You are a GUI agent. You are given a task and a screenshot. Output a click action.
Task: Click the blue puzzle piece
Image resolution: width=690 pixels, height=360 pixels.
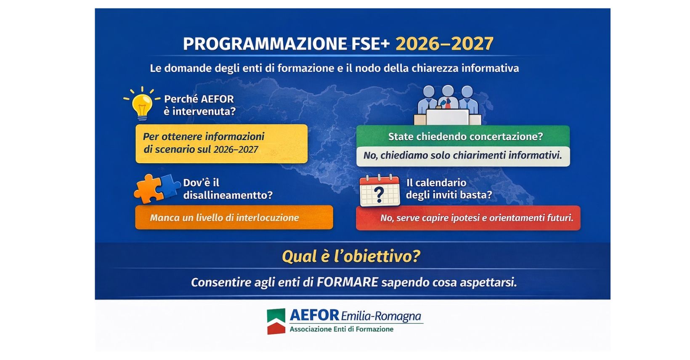170,186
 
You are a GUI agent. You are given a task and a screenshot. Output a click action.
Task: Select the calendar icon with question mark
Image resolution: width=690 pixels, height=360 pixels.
380,191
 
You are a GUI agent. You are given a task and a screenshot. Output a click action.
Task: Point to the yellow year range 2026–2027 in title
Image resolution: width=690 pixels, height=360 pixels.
444,44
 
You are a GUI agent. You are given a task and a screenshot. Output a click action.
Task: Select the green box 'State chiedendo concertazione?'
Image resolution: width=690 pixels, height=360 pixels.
463,136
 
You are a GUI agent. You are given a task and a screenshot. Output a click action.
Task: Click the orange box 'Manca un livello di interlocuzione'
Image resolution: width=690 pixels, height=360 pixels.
234,217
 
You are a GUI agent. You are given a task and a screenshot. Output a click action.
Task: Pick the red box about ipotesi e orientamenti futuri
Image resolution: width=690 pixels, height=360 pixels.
468,218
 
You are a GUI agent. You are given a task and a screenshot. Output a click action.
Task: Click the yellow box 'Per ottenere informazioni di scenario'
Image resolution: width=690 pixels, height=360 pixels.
221,143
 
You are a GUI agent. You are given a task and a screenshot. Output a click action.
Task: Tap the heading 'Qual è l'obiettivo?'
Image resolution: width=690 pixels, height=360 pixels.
351,256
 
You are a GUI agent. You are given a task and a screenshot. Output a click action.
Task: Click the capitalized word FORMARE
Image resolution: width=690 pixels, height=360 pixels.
348,282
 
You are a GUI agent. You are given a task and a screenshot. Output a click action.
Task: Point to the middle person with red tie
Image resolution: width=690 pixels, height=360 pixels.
448,98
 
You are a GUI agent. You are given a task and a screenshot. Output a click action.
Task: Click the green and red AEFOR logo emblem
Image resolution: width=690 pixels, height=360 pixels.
276,321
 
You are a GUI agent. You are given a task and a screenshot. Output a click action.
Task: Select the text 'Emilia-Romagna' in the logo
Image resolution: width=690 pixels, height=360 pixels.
381,316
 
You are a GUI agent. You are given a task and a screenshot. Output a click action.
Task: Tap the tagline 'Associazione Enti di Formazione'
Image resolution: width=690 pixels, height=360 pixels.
342,329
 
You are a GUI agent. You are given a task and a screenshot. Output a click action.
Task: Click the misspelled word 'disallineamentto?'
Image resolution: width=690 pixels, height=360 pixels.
228,195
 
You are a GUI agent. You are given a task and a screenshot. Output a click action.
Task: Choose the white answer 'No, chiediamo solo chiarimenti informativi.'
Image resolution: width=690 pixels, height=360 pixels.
463,156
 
